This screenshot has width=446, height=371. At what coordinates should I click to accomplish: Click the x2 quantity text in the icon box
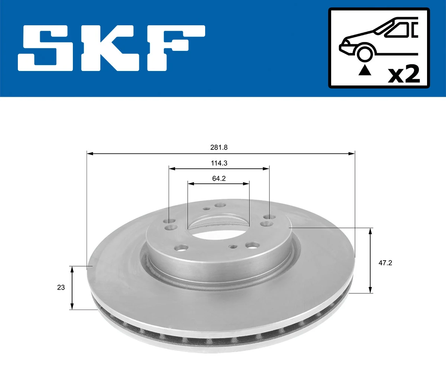click(404, 74)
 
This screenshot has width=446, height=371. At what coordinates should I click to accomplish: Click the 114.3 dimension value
click(219, 163)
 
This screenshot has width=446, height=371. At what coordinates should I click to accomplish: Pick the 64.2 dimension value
click(219, 178)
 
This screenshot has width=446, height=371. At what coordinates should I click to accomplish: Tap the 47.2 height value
click(385, 263)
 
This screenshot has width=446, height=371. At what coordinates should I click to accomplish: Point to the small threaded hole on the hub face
click(233, 246)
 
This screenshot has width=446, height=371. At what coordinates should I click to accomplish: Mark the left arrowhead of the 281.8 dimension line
click(90, 153)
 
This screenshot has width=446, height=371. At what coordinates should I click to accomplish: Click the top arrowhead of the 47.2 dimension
click(370, 231)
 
